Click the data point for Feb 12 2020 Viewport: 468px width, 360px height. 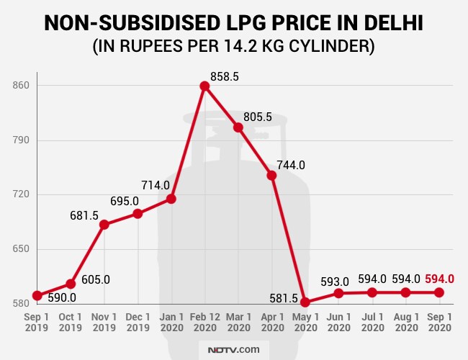(x=204, y=86)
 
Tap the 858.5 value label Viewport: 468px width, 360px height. (x=224, y=76)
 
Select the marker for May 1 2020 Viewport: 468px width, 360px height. (x=305, y=302)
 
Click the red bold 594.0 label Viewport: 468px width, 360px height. (x=440, y=279)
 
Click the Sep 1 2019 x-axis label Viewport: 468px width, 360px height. (x=37, y=322)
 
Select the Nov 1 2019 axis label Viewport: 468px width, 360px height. (x=104, y=322)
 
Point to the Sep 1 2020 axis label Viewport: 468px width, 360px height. (x=438, y=322)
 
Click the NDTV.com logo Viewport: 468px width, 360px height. (x=234, y=349)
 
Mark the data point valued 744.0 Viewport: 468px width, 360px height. (x=271, y=175)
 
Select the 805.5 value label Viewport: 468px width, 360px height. (x=258, y=117)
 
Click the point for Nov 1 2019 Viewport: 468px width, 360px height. (x=104, y=225)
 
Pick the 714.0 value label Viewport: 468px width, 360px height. (x=156, y=185)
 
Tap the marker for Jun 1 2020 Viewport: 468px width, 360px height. (x=338, y=293)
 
